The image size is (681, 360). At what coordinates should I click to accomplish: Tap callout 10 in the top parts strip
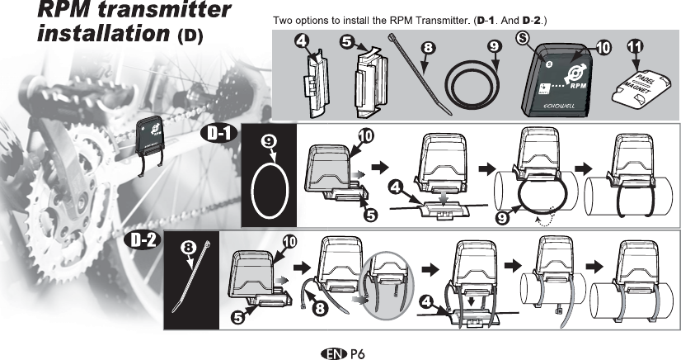click(x=602, y=48)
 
